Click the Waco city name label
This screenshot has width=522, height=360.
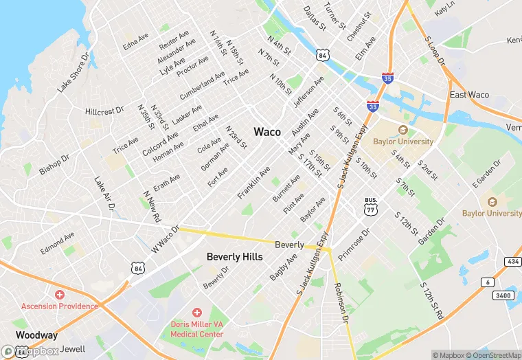[267, 131]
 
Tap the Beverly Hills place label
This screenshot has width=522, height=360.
[234, 257]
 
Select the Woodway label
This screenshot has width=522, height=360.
[36, 335]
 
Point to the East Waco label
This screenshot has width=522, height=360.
[468, 95]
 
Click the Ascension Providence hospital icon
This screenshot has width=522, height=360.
[60, 294]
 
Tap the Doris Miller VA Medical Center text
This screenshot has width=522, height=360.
[197, 328]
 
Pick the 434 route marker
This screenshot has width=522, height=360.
[513, 262]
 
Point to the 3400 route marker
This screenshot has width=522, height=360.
[503, 295]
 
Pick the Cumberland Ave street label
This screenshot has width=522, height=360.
[202, 85]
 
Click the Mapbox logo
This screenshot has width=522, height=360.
[31, 351]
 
